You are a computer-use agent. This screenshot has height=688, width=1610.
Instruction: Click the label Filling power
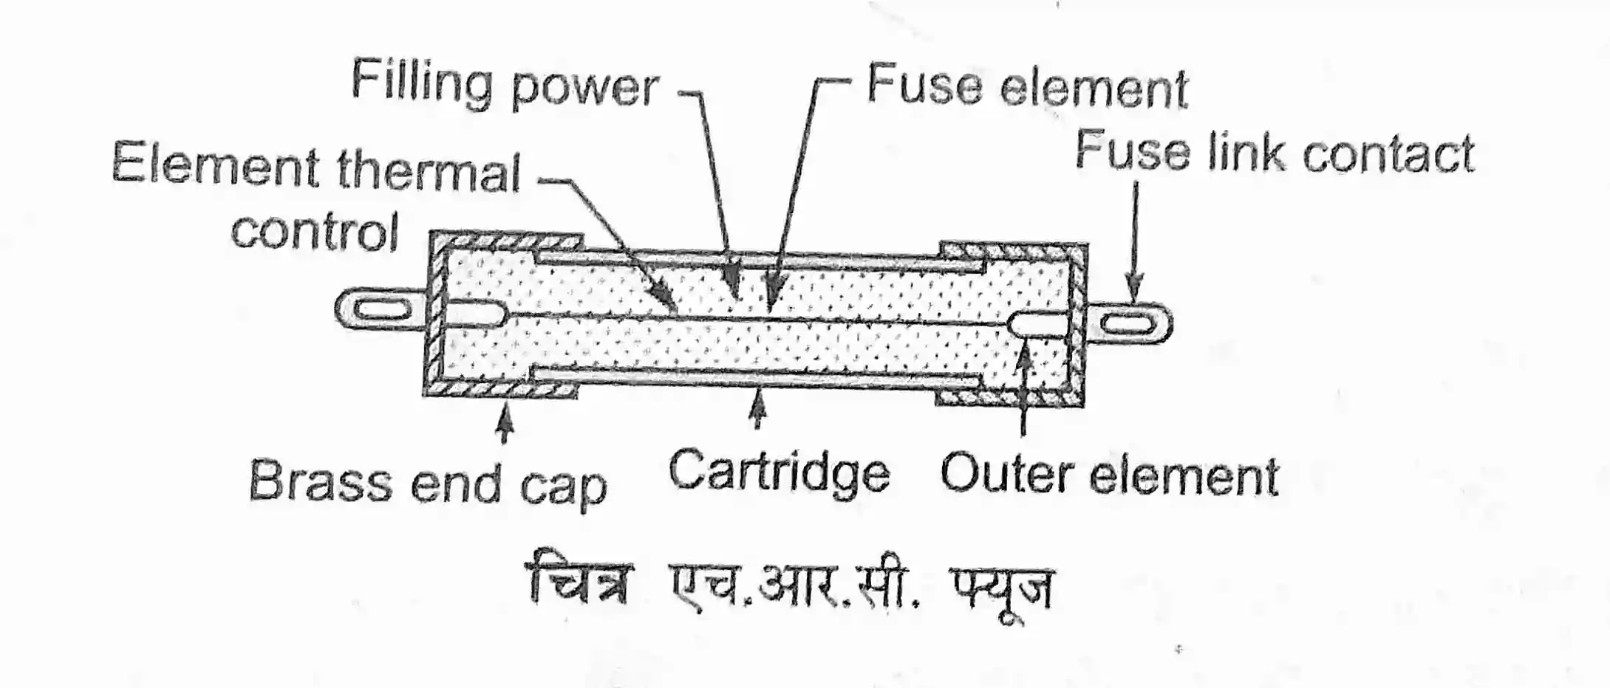505,86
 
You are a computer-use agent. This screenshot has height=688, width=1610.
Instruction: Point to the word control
315,231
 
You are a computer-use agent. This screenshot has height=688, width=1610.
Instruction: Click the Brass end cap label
428,484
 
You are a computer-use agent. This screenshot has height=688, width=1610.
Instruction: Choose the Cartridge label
779,472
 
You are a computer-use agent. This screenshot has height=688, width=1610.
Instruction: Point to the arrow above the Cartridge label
757,410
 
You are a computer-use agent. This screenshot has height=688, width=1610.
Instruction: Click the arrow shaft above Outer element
1023,391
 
